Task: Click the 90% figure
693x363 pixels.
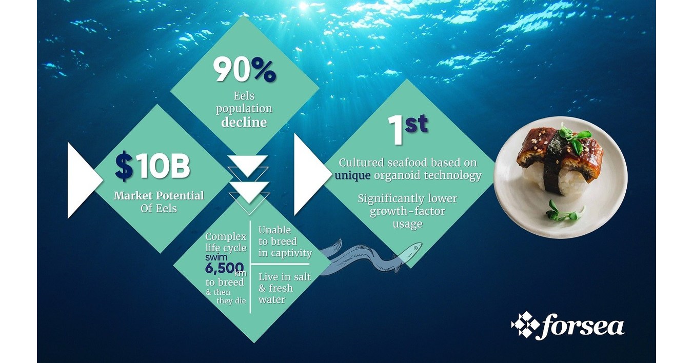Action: (x=245, y=71)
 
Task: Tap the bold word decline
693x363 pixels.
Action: (x=244, y=123)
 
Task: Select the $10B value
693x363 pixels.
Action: (x=152, y=168)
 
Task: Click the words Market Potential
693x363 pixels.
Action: (x=159, y=196)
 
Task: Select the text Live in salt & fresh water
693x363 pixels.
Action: (x=284, y=288)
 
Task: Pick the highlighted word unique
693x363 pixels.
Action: (x=352, y=175)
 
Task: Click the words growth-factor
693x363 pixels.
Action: (x=408, y=211)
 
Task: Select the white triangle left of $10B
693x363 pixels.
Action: (x=84, y=179)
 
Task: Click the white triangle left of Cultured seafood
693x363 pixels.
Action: (x=310, y=174)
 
